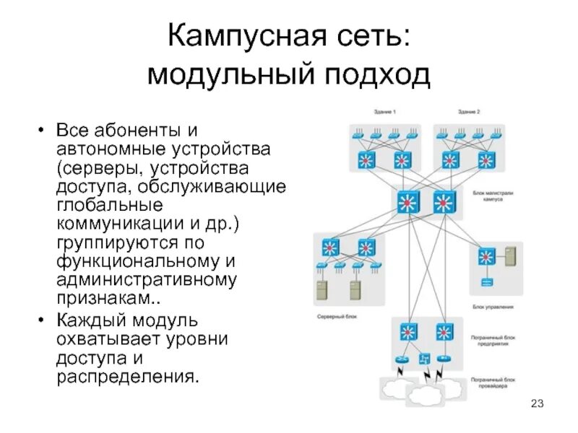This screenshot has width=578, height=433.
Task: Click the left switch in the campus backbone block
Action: click(409, 204)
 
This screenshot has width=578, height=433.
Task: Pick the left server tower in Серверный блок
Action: click(320, 289)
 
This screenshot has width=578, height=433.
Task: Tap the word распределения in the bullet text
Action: click(128, 375)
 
